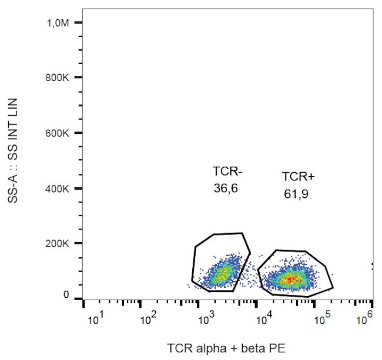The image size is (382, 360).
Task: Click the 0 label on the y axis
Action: [x=66, y=295]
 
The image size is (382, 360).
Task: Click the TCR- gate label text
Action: [x=227, y=171]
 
